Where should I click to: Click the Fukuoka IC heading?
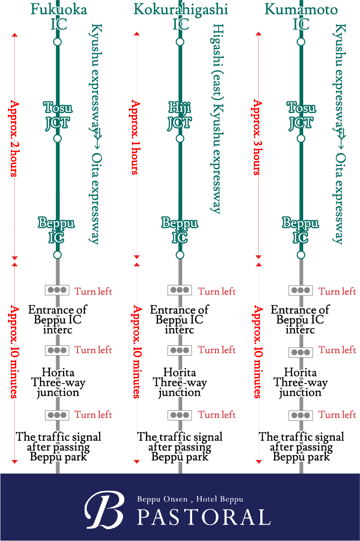point(58,16)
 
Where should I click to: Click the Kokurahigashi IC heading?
point(180,16)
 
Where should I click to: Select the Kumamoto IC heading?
point(301,16)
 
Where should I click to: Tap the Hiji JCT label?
point(179,115)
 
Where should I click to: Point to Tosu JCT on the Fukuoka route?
point(57,115)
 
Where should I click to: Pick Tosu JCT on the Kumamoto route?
point(301,115)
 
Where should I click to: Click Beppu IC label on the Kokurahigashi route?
point(179,230)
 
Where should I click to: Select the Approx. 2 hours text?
point(14,138)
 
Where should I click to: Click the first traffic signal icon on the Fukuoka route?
point(57,291)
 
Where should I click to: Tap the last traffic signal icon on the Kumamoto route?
point(301,415)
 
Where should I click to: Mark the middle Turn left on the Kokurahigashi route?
point(217,350)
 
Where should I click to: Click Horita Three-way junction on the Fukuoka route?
point(58,382)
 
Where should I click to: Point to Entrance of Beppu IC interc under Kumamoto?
point(300,320)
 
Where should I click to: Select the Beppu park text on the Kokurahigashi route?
point(180,457)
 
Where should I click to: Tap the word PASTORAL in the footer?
point(203,517)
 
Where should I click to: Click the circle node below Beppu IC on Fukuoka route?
point(57,255)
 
